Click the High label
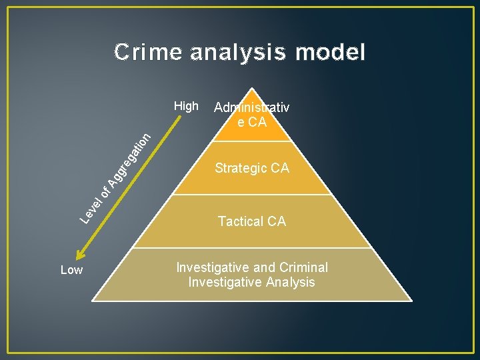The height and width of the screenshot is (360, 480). [186, 106]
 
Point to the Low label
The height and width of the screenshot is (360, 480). [71, 270]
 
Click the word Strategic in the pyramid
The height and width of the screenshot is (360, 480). [240, 169]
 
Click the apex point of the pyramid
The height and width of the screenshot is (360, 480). [251, 89]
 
